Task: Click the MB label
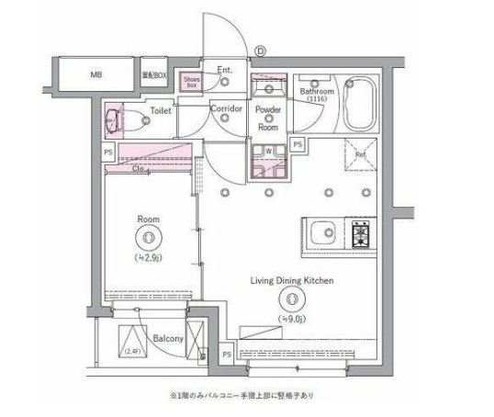(96, 74)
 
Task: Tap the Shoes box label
(191, 82)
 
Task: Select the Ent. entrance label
(224, 71)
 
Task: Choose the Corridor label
(226, 109)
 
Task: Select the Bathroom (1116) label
(319, 95)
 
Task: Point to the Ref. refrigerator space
(360, 154)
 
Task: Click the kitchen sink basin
(323, 234)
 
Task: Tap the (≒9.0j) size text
(293, 317)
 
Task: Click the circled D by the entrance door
(260, 51)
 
